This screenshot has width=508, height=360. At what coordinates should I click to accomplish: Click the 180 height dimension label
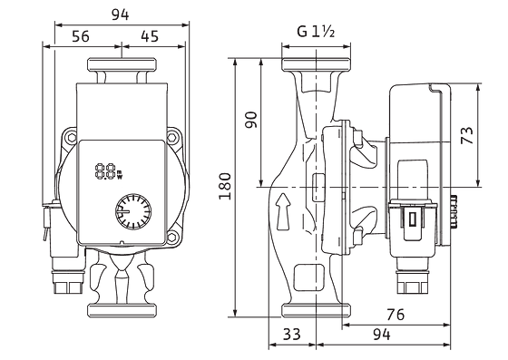pos(225,187)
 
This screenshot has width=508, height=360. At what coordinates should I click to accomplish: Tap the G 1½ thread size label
pos(316,32)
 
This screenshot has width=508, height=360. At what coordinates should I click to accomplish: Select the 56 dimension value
pos(81,36)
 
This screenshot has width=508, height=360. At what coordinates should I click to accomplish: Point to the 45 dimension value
pos(150,36)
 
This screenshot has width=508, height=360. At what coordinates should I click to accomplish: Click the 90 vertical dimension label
pos(250,120)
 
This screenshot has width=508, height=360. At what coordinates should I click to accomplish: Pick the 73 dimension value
pos(466,135)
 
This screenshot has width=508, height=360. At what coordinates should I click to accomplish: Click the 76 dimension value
pos(396,315)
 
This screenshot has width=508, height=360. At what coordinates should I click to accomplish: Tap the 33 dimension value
pos(291,334)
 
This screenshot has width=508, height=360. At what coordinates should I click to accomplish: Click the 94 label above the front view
pos(120,15)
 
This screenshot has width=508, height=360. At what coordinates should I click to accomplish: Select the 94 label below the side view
pos(382,334)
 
